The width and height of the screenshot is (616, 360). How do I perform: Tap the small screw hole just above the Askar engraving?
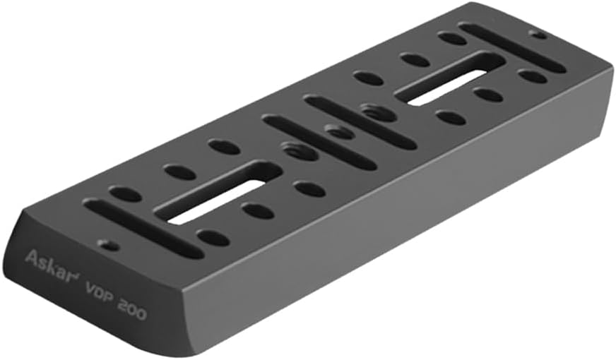coord(108,246)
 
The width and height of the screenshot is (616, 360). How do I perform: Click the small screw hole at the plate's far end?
coord(538,35)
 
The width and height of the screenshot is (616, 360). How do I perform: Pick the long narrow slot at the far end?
coord(513,48)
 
